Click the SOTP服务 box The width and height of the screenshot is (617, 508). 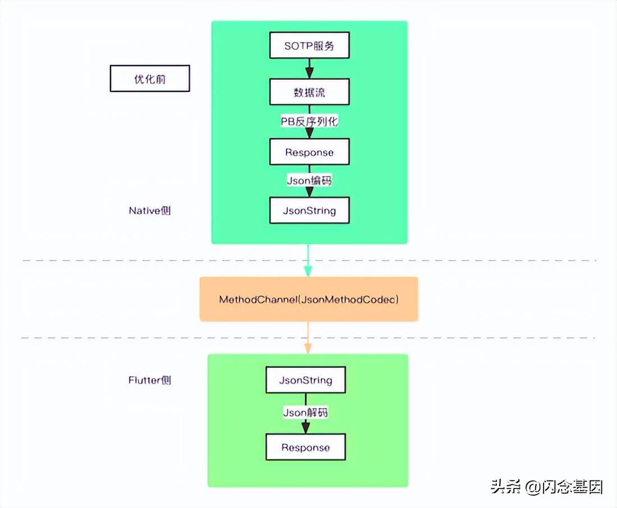point(309,45)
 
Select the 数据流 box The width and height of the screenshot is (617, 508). point(309,93)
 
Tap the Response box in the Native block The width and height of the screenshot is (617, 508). point(309,153)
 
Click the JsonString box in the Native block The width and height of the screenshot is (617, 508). point(309,211)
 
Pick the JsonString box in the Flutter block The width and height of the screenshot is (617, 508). point(306,380)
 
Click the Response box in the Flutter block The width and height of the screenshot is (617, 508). point(306,447)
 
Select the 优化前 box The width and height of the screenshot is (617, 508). point(150,79)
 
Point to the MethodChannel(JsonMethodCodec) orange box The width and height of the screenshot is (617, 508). point(308,299)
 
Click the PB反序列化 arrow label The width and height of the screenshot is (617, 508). point(309,121)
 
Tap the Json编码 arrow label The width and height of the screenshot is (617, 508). point(309,181)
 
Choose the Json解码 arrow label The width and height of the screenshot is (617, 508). point(306,413)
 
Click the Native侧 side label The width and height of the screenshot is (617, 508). point(150,211)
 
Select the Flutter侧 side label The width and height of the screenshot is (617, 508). point(150,380)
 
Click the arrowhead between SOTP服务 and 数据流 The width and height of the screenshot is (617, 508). point(309,73)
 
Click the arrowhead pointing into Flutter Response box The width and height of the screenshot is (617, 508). point(306,428)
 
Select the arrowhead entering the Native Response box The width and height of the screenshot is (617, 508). point(309,134)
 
